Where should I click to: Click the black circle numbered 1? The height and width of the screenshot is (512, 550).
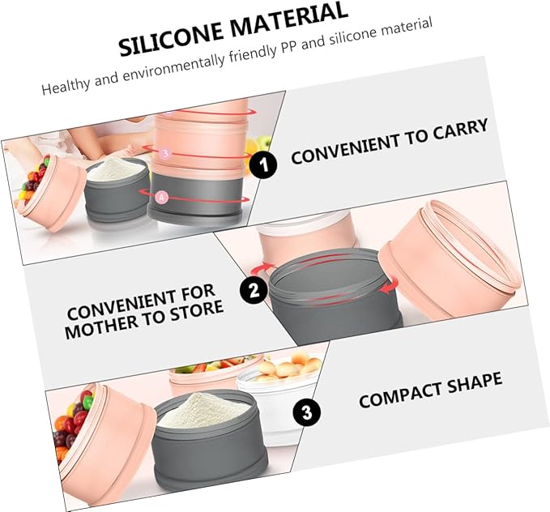tap(263, 164)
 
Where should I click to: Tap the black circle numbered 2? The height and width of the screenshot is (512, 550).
tap(254, 290)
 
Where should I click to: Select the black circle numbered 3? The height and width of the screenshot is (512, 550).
tap(306, 412)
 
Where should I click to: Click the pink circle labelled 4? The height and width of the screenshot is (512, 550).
tap(161, 197)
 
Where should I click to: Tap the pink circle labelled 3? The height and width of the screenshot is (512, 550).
tap(165, 153)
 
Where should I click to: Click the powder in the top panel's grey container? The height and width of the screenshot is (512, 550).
tap(116, 169)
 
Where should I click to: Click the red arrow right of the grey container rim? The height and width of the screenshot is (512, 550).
tap(390, 285)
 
